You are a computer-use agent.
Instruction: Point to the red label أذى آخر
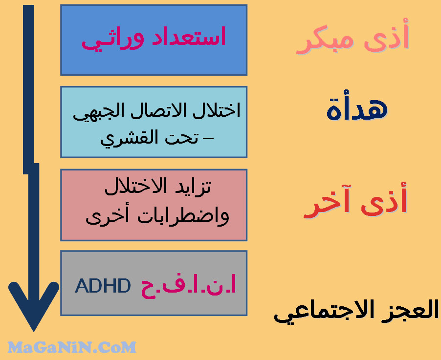[355, 200]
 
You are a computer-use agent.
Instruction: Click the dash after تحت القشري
[208, 138]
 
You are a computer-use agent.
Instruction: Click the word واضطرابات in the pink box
[183, 216]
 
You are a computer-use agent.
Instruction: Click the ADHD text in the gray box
[103, 286]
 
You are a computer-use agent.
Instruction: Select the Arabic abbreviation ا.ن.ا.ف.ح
[188, 286]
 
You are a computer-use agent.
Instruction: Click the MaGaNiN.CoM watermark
[72, 347]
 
